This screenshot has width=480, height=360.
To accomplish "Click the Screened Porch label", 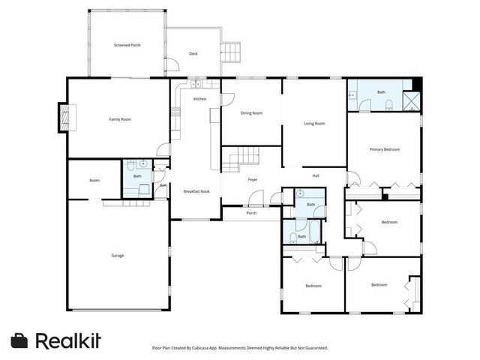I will click(127, 45).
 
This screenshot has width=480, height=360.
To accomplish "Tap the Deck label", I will click(193, 54).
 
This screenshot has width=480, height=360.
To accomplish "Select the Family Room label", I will click(120, 119).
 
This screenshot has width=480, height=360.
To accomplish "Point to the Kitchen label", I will click(199, 99).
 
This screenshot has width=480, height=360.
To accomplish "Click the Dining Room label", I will click(251, 113).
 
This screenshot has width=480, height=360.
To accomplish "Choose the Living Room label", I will click(313, 123).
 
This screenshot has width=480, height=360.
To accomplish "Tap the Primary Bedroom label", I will click(385, 149).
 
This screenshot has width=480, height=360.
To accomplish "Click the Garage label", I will click(118, 256).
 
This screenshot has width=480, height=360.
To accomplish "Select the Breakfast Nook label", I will click(196, 192).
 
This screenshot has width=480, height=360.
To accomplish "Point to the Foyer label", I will click(253, 179).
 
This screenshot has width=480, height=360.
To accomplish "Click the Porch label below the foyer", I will click(251, 213).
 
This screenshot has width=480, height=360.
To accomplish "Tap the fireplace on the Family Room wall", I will click(64, 118).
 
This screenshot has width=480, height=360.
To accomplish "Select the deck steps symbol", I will click(232, 53).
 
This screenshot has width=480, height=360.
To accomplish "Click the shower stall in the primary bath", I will click(411, 101).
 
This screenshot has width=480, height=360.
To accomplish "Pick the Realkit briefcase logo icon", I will click(20, 340).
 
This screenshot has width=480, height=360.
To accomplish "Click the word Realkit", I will click(68, 340).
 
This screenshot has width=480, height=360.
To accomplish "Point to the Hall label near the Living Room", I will click(316, 175).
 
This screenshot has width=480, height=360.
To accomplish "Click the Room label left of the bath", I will click(94, 180).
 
